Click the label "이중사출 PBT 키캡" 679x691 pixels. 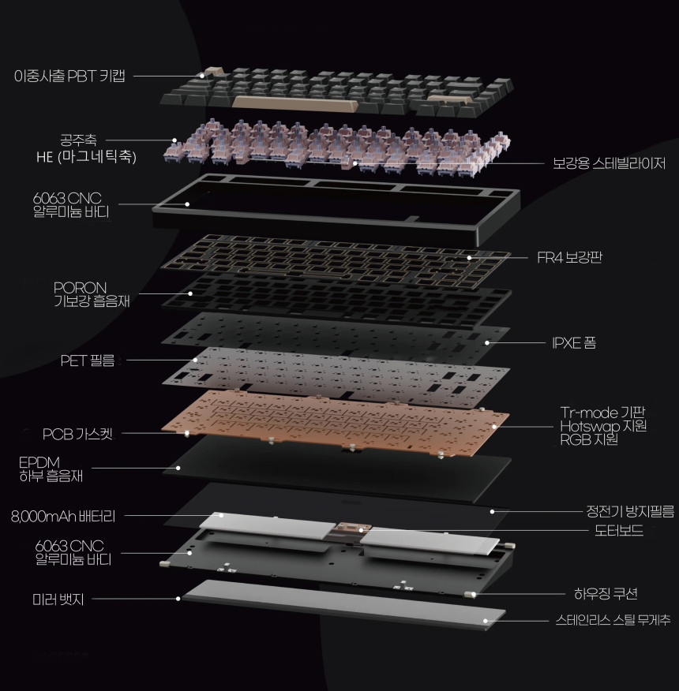[x=69, y=76]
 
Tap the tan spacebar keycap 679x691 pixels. [x=294, y=104]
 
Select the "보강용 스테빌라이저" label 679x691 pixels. [x=609, y=163]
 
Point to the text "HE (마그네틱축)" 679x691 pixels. [x=87, y=156]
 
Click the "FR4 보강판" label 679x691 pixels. [x=569, y=257]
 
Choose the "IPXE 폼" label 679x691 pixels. [x=574, y=342]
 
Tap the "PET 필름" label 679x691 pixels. [x=88, y=360]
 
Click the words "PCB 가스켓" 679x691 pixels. [x=77, y=434]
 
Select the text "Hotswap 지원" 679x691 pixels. [x=603, y=426]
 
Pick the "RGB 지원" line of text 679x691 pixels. [x=589, y=440]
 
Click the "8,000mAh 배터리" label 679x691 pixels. [x=63, y=516]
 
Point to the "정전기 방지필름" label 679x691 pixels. [x=630, y=511]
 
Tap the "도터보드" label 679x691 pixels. [x=619, y=530]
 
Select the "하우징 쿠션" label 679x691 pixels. [x=606, y=594]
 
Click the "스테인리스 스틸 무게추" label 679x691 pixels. [x=613, y=621]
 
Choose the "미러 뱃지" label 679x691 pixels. [x=58, y=599]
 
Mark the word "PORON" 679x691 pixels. [x=80, y=288]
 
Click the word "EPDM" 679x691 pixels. [x=39, y=462]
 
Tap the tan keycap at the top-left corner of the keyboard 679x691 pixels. [x=214, y=72]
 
